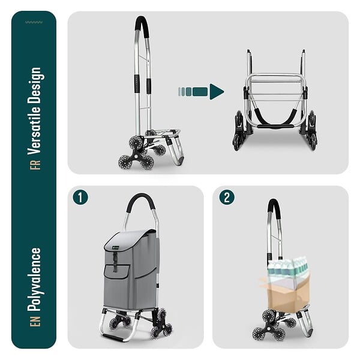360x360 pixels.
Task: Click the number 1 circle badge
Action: tap(80, 197)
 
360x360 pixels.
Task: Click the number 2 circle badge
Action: tap(227, 197)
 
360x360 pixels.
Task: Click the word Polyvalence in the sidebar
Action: tap(35, 280)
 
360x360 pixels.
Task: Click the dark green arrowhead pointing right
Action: tap(217, 92)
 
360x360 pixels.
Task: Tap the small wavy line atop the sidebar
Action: tap(34, 22)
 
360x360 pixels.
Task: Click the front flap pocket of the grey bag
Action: tap(117, 272)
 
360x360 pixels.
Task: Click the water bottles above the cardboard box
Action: tap(288, 266)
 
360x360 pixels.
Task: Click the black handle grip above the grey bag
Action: tap(140, 202)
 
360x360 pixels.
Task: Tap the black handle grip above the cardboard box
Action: tap(274, 208)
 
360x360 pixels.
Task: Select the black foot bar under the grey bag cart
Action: tap(113, 338)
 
